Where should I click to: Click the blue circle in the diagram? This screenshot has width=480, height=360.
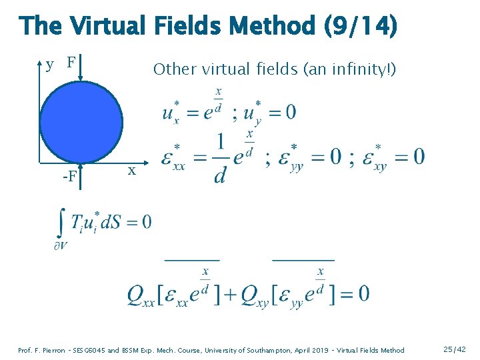click(80, 123)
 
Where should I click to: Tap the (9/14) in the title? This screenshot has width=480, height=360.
click(360, 26)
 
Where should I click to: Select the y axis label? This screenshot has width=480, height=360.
click(50, 65)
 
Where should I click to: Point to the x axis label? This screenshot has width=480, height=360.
click(132, 171)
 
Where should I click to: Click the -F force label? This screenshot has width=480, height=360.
click(69, 177)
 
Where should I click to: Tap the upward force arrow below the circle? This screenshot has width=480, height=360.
click(80, 175)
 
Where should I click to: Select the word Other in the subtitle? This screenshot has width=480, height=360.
click(173, 69)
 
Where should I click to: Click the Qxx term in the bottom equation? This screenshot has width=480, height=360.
click(141, 294)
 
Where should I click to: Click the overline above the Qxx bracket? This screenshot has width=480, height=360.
click(191, 259)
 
